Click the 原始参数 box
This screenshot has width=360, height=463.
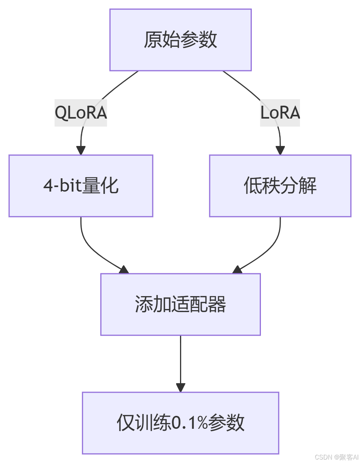point(180,40)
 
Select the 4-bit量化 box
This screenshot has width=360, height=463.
point(81,186)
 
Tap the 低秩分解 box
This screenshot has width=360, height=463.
point(280,186)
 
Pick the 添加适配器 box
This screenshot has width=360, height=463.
point(180,304)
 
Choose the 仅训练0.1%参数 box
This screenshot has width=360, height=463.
point(180,423)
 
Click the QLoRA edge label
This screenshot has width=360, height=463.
point(81,113)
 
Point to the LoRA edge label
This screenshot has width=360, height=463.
point(280,113)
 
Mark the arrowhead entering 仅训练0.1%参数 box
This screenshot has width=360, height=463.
point(180,387)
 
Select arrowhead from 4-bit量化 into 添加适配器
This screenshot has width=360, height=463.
point(124,270)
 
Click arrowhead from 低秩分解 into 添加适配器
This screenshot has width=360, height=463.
point(237,270)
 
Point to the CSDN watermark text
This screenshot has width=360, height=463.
point(336,457)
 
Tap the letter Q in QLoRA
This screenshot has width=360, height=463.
point(61,113)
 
